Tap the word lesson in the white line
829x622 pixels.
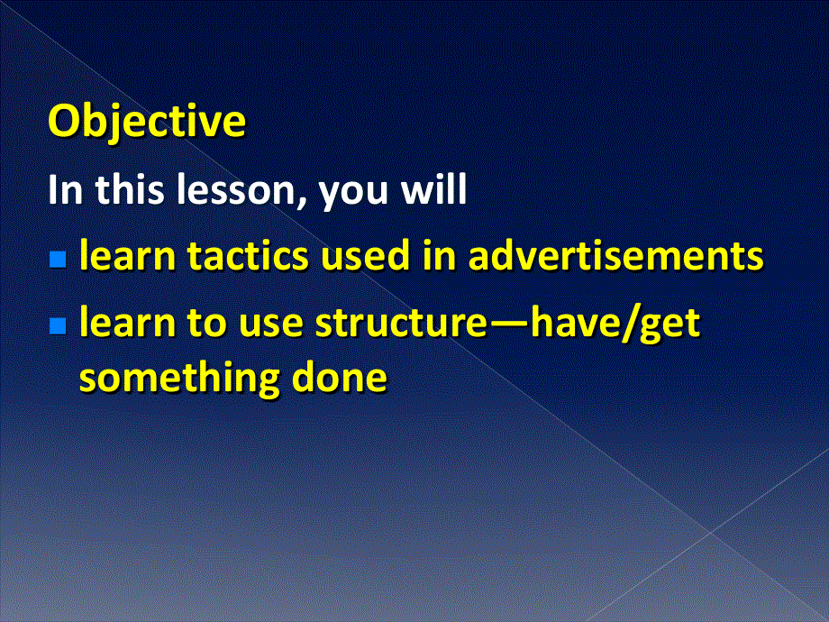[235, 189]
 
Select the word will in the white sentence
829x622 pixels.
[434, 189]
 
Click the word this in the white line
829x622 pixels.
[129, 189]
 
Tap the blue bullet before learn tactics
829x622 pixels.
[58, 260]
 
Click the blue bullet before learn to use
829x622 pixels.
[58, 325]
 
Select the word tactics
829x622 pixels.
[248, 255]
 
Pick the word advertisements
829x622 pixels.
[616, 254]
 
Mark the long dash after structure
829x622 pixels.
[508, 325]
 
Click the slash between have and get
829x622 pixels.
[629, 323]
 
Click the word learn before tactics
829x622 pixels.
[127, 254]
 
